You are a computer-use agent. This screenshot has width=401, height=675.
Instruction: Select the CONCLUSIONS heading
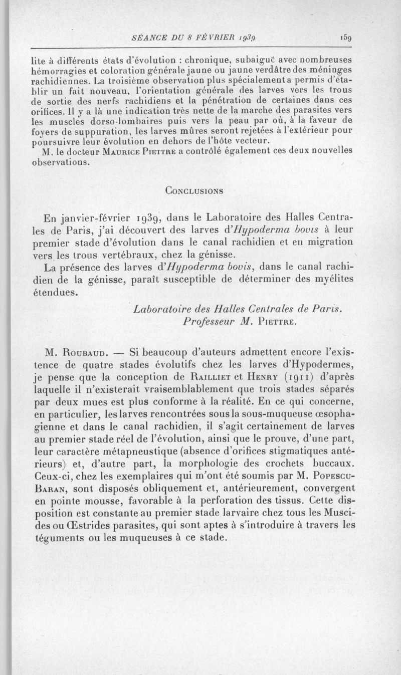point(194,190)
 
